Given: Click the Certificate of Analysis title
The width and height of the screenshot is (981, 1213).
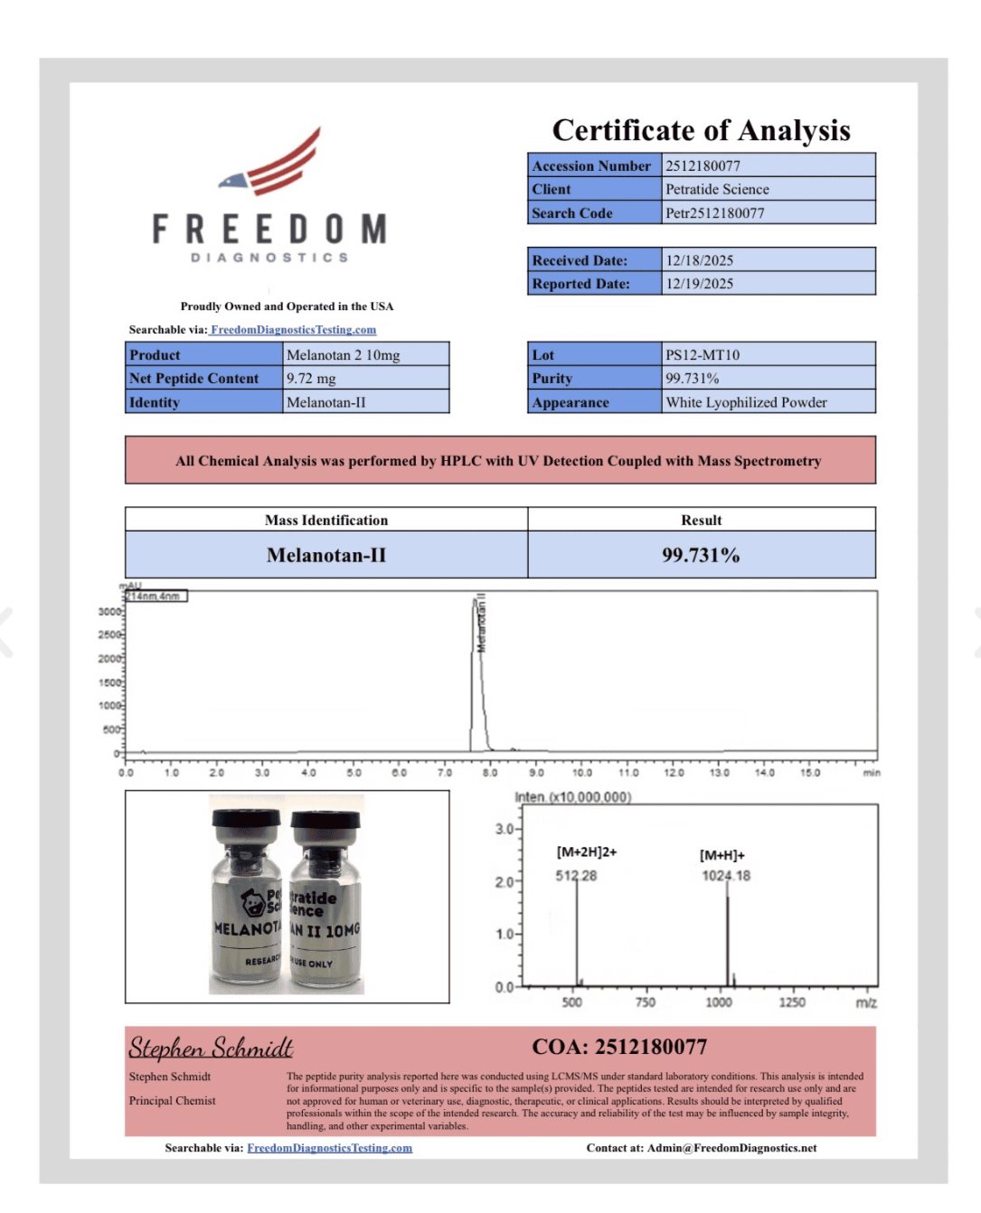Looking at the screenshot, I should click(701, 130).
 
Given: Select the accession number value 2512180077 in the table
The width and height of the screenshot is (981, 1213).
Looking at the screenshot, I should click(703, 165).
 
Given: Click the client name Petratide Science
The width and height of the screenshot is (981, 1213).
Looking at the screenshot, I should click(717, 189).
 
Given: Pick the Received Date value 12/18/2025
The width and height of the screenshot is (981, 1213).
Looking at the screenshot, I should click(699, 260).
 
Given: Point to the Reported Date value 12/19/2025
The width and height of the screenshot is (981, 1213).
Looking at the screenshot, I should click(699, 284).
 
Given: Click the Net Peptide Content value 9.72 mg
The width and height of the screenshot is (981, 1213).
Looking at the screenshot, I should click(311, 379).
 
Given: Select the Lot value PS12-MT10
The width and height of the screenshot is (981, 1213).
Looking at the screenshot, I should click(703, 355).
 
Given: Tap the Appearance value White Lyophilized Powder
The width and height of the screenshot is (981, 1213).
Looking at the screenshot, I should click(746, 402).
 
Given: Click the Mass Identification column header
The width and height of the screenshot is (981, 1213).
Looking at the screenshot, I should click(326, 520).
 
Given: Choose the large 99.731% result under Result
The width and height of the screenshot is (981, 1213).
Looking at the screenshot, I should click(701, 555).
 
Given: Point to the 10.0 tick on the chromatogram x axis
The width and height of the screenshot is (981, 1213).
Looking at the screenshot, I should click(582, 773).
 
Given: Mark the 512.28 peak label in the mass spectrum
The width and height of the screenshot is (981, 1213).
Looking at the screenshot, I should click(576, 876).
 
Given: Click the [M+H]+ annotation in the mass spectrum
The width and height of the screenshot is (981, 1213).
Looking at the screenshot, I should click(722, 855).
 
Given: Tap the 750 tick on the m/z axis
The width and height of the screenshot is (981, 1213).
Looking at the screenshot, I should click(646, 1001).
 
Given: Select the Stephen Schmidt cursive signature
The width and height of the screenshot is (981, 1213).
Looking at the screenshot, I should click(211, 1048).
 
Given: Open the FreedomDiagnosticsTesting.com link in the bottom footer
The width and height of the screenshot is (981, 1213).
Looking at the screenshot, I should click(329, 1148).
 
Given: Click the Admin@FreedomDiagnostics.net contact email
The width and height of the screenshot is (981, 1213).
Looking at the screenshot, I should click(731, 1148).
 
